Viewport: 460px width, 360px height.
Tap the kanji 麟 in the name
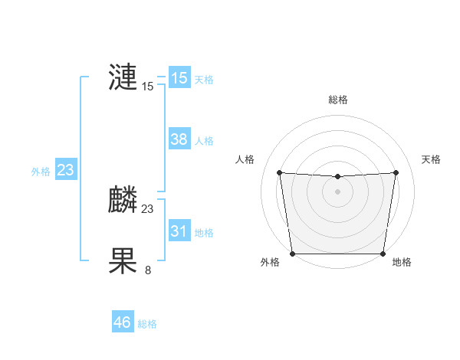(123, 200)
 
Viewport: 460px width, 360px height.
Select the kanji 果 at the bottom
(123, 261)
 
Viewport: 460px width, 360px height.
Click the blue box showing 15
(179, 77)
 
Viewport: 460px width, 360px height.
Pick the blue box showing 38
(179, 139)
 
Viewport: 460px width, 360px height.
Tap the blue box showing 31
(179, 231)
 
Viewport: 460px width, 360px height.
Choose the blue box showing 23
(65, 170)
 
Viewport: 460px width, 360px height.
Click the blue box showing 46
(123, 322)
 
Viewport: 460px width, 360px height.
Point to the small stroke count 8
(148, 270)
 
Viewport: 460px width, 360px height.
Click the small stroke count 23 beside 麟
(148, 208)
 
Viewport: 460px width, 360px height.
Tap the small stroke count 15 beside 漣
(148, 87)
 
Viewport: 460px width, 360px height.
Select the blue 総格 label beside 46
(147, 324)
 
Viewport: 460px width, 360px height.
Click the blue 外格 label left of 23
(41, 172)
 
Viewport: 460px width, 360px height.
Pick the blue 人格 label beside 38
(204, 141)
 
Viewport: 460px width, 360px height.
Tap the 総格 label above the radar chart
(338, 100)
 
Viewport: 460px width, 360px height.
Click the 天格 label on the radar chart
(432, 159)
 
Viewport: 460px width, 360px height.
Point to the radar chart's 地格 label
(402, 263)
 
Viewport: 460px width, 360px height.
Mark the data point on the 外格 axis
(292, 254)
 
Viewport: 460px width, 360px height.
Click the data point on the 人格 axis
(280, 172)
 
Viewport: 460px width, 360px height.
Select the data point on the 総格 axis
(337, 177)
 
